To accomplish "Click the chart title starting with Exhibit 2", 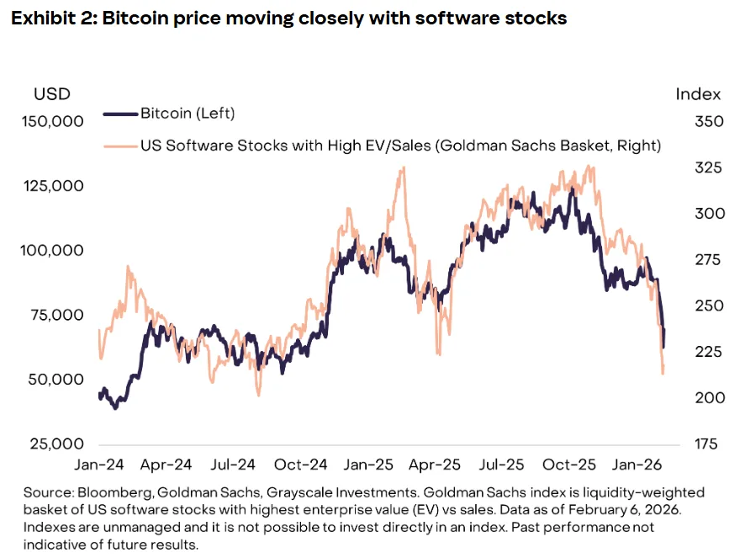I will [288, 18].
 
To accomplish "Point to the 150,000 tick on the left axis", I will [51, 121].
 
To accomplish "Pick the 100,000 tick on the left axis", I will [51, 250].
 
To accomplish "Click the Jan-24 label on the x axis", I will [98, 464].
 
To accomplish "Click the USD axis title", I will [52, 93].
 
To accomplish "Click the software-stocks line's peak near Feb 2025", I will [404, 167].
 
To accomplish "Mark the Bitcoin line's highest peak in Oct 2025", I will [572, 188].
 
